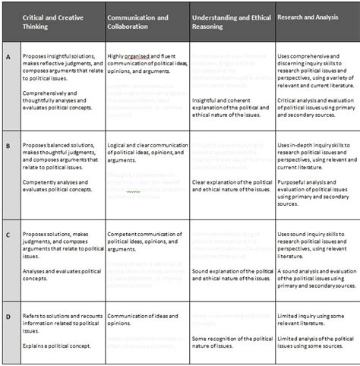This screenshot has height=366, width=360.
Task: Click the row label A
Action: pyautogui.click(x=8, y=56)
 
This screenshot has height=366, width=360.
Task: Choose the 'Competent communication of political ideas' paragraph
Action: pyautogui.click(x=145, y=239)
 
